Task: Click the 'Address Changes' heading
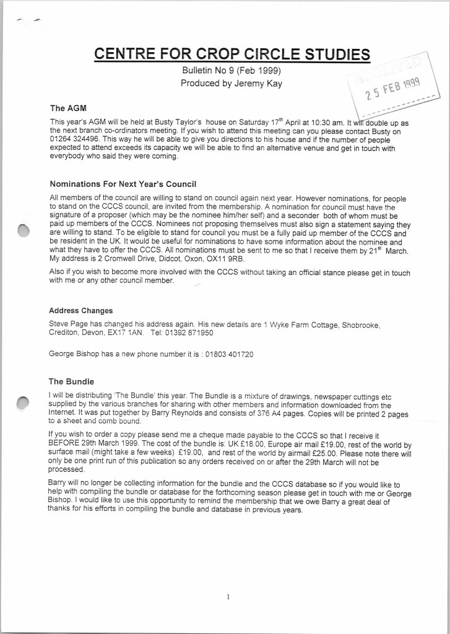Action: pyautogui.click(x=80, y=310)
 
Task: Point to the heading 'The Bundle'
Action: pyautogui.click(x=71, y=381)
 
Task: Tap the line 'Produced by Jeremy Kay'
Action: pyautogui.click(x=231, y=84)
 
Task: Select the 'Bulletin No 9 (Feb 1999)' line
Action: pyautogui.click(x=231, y=71)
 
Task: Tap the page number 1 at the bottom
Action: pyautogui.click(x=228, y=597)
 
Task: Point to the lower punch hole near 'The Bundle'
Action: pyautogui.click(x=24, y=403)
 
